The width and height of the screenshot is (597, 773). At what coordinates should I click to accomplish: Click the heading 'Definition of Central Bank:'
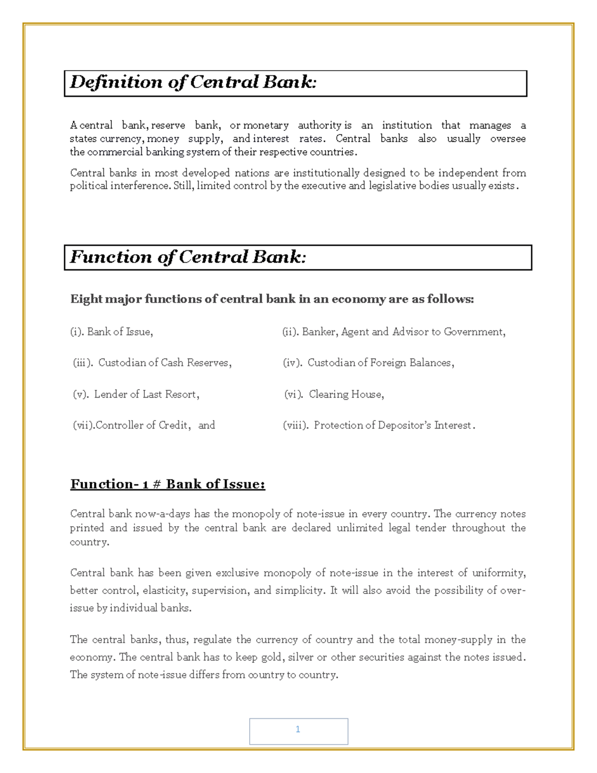pyautogui.click(x=193, y=82)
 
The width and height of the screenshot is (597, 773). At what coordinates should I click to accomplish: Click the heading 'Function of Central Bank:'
pyautogui.click(x=188, y=257)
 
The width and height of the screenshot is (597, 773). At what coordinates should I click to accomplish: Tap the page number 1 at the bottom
pyautogui.click(x=298, y=730)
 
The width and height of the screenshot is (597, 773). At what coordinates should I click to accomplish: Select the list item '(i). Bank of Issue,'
pyautogui.click(x=111, y=332)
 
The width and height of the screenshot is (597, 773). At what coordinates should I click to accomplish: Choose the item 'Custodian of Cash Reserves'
pyautogui.click(x=164, y=363)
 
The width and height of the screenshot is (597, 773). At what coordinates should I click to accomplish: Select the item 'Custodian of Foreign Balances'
pyautogui.click(x=380, y=363)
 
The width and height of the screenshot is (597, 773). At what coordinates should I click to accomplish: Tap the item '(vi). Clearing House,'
pyautogui.click(x=334, y=394)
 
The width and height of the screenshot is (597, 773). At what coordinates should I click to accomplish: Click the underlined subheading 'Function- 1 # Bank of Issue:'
pyautogui.click(x=168, y=484)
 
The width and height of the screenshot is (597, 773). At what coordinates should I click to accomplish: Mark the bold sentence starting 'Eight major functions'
pyautogui.click(x=272, y=299)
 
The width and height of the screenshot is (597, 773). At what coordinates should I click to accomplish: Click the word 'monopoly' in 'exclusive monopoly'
pyautogui.click(x=287, y=573)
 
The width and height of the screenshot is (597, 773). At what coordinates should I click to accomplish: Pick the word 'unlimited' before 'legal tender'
pyautogui.click(x=360, y=528)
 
